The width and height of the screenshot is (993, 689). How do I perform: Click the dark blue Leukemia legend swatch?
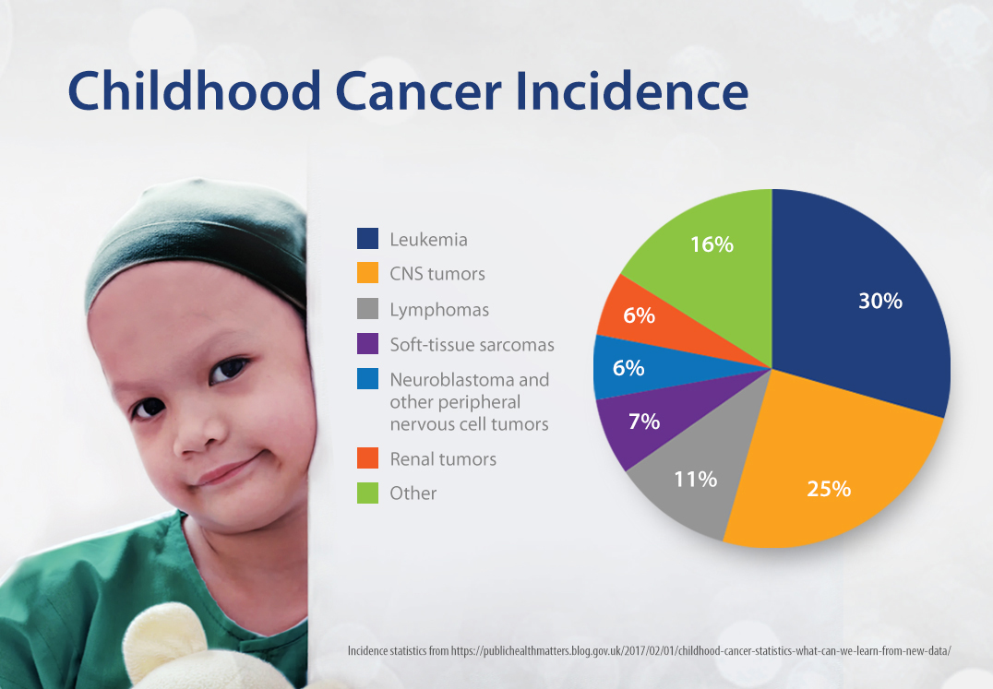(x=367, y=240)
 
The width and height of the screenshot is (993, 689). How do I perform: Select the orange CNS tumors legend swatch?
(x=367, y=274)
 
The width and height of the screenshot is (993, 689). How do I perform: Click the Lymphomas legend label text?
(x=439, y=310)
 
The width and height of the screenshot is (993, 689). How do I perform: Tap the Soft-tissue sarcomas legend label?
(x=472, y=345)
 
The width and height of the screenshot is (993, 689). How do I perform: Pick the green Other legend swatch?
(x=367, y=493)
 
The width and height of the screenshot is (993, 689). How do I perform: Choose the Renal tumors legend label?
(x=443, y=459)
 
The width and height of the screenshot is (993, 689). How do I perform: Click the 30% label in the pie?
(x=879, y=301)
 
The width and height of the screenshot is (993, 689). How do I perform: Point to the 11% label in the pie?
(x=695, y=479)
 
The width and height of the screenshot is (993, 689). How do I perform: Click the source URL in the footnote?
(x=700, y=651)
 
